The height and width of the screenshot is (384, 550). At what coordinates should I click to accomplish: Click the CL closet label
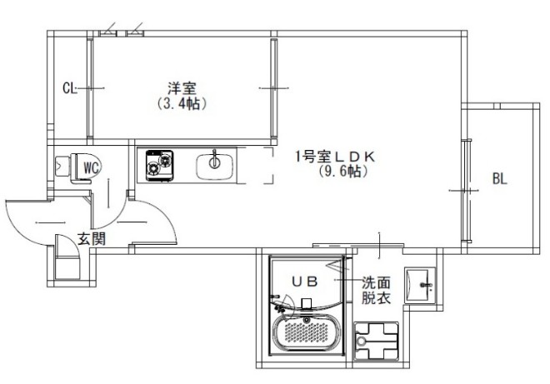point(70,87)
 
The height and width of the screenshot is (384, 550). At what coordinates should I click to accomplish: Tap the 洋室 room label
point(181,87)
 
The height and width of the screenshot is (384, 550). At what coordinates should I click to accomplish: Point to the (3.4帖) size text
point(181,104)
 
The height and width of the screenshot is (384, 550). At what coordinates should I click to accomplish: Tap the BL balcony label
point(499,178)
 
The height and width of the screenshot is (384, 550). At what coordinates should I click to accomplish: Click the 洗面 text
point(373,283)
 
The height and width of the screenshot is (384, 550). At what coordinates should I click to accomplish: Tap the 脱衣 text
point(373,298)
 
